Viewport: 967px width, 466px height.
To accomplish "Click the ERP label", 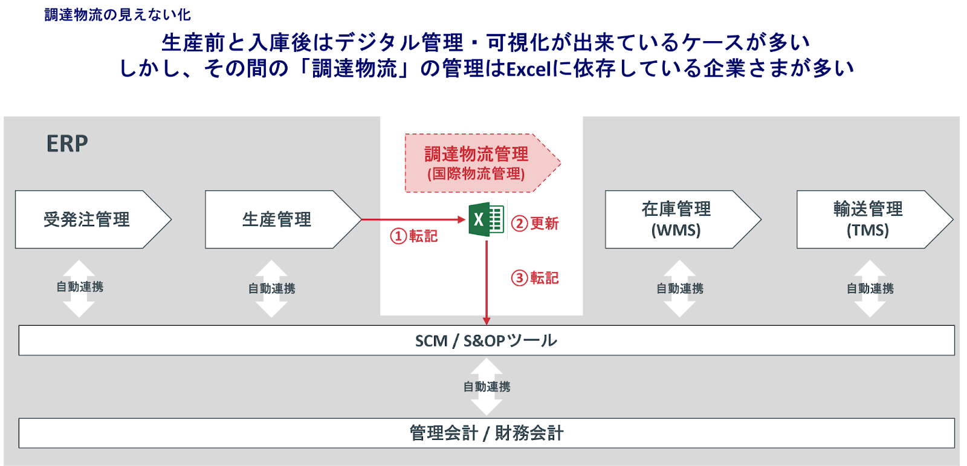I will [x=67, y=144].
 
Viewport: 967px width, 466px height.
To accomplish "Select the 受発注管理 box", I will [x=86, y=219].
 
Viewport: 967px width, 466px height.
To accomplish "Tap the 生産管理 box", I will [x=277, y=219].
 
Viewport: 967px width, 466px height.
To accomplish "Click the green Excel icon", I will [x=486, y=219].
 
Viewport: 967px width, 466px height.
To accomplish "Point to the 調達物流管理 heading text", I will [x=476, y=154].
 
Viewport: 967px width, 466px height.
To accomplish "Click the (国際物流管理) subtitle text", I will [x=476, y=174].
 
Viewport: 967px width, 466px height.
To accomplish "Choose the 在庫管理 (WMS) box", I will [x=676, y=219].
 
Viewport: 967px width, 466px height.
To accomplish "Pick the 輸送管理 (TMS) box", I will [x=868, y=219].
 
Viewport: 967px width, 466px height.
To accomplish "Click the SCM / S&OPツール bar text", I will [x=486, y=341].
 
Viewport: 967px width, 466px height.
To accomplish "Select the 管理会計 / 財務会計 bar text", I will [x=486, y=433].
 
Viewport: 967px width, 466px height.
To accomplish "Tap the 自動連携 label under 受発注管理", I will [x=80, y=287].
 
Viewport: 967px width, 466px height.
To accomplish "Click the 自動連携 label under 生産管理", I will [x=272, y=289].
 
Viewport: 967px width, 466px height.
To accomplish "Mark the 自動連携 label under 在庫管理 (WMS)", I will [x=680, y=289].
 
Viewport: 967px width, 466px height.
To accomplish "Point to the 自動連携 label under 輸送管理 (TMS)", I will [x=870, y=289].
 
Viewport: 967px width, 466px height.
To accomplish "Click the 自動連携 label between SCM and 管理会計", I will [x=487, y=387].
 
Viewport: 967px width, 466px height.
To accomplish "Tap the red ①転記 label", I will [x=414, y=235].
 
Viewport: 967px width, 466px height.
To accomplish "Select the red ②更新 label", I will [x=535, y=223].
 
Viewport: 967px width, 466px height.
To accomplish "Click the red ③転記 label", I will [x=535, y=278].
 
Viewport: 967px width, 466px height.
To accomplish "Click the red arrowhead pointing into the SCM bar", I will [x=487, y=321].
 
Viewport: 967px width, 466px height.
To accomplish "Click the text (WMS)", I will [x=676, y=230].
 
